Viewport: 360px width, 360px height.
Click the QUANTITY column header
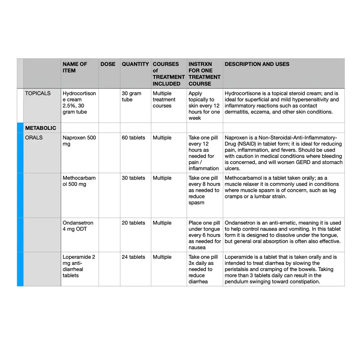pyautogui.click(x=135, y=64)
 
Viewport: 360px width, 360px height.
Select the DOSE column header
pyautogui.click(x=108, y=64)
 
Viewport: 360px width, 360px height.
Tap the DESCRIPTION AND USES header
pyautogui.click(x=257, y=64)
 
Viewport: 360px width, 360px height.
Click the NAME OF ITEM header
pyautogui.click(x=75, y=67)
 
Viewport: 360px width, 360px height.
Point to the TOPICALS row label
pyautogui.click(x=38, y=93)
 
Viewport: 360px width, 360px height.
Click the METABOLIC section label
pyautogui.click(x=41, y=128)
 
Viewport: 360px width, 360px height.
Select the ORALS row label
pyautogui.click(x=34, y=138)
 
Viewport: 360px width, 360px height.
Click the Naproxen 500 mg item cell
pyautogui.click(x=79, y=141)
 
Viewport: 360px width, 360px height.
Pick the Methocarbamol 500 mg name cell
pyautogui.click(x=79, y=181)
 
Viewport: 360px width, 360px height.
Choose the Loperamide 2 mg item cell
pyautogui.click(x=79, y=266)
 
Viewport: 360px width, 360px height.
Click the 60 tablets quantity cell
pyautogui.click(x=134, y=138)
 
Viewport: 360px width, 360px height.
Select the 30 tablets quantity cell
pyautogui.click(x=134, y=178)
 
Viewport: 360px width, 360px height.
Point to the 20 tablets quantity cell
pyautogui.click(x=134, y=223)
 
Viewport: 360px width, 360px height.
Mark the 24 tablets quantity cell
pyautogui.click(x=134, y=257)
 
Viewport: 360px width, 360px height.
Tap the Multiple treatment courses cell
pyautogui.click(x=164, y=100)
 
